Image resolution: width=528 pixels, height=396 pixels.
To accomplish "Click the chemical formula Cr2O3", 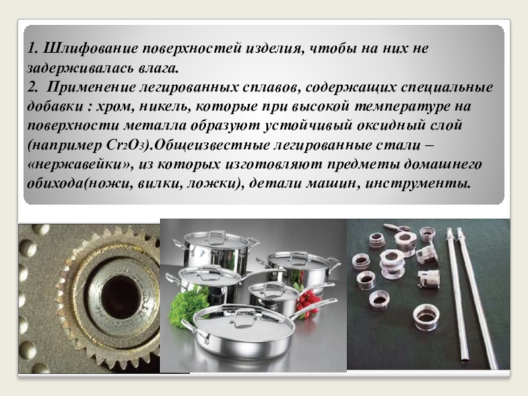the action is [127, 145].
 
